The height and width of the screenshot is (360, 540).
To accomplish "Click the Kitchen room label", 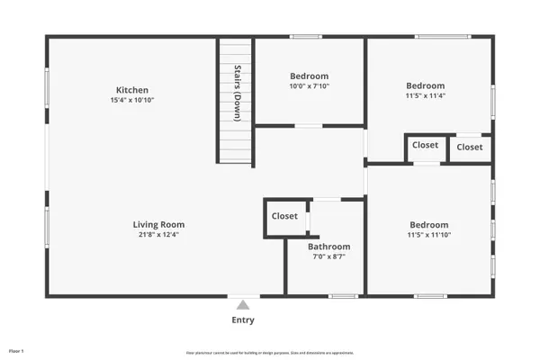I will (131, 90).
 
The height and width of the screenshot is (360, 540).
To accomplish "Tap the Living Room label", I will (159, 225).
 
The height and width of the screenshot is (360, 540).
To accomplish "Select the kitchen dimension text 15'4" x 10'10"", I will (131, 101).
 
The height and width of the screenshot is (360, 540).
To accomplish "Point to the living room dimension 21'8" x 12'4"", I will (159, 236).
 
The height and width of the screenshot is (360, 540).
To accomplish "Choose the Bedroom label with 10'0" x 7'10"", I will (309, 76).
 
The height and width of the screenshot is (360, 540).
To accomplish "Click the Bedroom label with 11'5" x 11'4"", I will (426, 85).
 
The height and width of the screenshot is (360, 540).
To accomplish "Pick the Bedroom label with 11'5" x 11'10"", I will (428, 225).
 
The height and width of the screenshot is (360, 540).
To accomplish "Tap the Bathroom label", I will (328, 247).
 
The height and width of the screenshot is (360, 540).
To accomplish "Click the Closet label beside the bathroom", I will (284, 216).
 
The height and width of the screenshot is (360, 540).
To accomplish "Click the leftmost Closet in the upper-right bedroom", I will (425, 146).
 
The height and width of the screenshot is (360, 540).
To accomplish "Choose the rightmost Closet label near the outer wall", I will (469, 147).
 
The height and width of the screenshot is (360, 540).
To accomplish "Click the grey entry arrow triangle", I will (241, 305).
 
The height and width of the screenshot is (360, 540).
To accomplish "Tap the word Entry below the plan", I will (243, 319).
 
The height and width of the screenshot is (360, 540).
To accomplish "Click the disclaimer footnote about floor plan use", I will (269, 352).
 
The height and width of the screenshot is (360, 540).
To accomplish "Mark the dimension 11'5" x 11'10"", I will (428, 236).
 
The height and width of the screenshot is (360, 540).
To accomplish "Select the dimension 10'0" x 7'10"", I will (309, 87).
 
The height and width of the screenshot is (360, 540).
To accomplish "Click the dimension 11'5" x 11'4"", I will (426, 95).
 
